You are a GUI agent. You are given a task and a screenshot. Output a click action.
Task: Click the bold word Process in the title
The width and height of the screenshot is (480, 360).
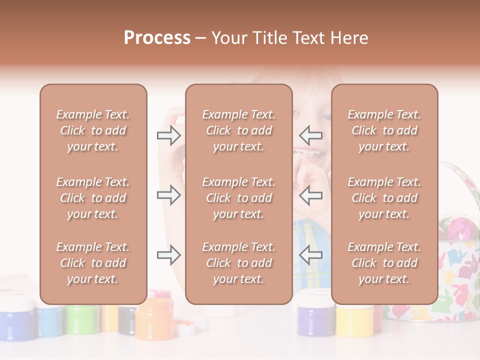pos(157,38)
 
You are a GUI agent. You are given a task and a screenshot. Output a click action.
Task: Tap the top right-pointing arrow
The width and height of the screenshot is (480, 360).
pos(168,135)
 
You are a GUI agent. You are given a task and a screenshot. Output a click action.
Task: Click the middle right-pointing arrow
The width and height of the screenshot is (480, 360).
pos(168,195)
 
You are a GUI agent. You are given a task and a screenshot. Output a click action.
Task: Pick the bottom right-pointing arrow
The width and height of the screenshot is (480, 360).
pos(168,255)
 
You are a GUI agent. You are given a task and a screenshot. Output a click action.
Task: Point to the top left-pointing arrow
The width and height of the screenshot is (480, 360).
pos(310,135)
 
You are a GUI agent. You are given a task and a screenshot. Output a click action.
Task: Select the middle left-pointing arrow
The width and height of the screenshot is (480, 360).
pos(310,195)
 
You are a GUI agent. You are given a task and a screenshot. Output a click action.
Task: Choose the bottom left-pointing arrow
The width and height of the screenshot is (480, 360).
pos(310,255)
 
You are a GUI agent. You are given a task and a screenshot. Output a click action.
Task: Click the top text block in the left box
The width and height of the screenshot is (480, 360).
pos(93,130)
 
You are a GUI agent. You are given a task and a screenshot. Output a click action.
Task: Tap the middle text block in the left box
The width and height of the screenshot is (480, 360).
pos(93,198)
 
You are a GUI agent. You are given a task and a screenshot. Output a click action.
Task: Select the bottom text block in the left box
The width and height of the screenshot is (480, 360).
pos(93,263)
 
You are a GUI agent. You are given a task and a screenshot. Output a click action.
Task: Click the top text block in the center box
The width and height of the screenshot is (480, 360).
pos(238,130)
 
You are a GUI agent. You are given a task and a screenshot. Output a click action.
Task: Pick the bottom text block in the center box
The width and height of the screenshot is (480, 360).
pos(238,263)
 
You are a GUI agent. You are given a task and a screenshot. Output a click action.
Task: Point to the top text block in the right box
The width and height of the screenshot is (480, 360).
pos(384,130)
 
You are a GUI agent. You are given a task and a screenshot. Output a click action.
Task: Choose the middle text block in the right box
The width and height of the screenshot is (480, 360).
pos(384,198)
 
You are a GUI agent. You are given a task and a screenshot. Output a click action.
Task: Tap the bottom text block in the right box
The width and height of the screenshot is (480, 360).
pos(384,263)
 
